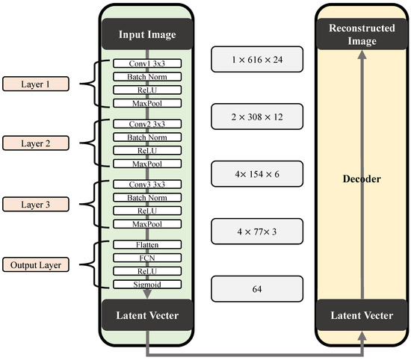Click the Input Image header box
pos(146,34)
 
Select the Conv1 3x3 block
pos(146,63)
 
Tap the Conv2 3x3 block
pos(146,122)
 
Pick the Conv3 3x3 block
pos(146,183)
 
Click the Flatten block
pos(146,244)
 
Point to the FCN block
pos(146,258)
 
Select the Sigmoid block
pos(146,285)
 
